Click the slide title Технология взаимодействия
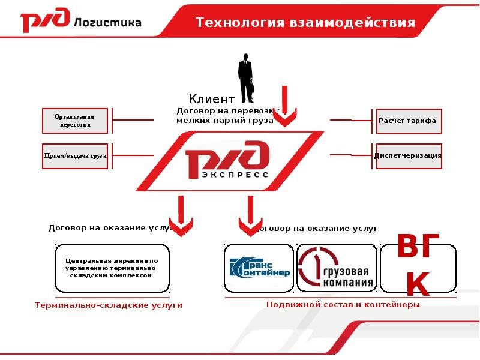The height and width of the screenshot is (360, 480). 305,23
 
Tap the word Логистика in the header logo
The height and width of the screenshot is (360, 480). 108,23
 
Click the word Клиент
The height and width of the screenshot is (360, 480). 211,99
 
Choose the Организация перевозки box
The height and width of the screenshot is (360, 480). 76,121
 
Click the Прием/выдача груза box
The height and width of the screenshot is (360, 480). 76,155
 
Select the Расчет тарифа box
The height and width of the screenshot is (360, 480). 407,121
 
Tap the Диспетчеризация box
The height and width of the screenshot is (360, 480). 407,155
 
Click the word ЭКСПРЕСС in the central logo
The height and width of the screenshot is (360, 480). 227,175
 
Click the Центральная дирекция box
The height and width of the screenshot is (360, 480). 112,268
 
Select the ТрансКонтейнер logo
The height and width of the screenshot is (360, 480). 259,268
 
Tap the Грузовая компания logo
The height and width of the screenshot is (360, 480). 337,268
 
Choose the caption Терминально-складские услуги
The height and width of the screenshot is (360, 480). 108,305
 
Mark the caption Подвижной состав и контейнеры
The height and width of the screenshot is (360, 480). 343,304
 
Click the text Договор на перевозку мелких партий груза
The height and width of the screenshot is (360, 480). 225,116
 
